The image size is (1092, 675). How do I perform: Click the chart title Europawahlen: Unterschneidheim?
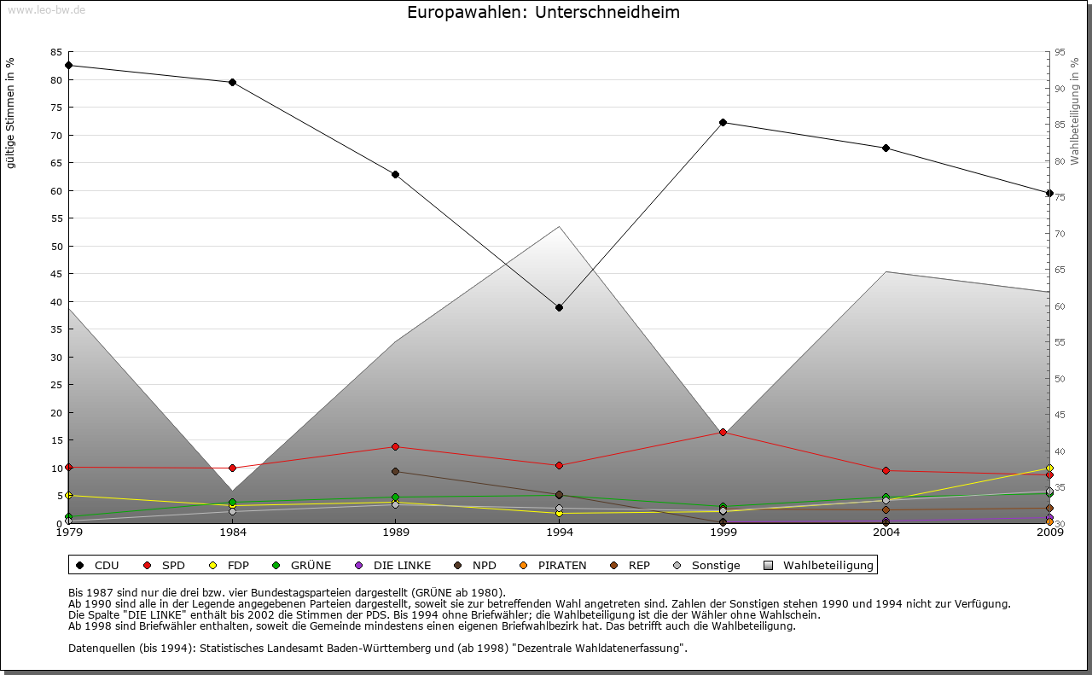point(543,13)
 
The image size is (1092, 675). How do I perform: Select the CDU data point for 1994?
point(559,307)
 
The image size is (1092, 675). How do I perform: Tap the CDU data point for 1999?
point(723,122)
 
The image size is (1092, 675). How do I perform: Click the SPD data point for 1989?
point(395,446)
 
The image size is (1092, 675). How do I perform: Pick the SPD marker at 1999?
point(723,432)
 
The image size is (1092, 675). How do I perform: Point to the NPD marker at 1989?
point(395,471)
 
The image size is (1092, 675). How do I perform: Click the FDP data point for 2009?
point(1049,468)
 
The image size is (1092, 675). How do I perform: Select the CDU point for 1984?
point(232,82)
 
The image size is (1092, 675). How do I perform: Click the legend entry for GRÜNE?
point(302,565)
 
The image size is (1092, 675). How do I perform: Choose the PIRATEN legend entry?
point(554,565)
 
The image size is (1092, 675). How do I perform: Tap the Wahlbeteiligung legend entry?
point(818,565)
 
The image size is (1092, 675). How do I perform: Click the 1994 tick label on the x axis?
point(559,533)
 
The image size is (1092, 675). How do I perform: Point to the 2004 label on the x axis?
point(886,533)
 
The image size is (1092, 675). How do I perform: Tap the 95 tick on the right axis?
point(1060,52)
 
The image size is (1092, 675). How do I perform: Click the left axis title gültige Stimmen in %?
point(11,113)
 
